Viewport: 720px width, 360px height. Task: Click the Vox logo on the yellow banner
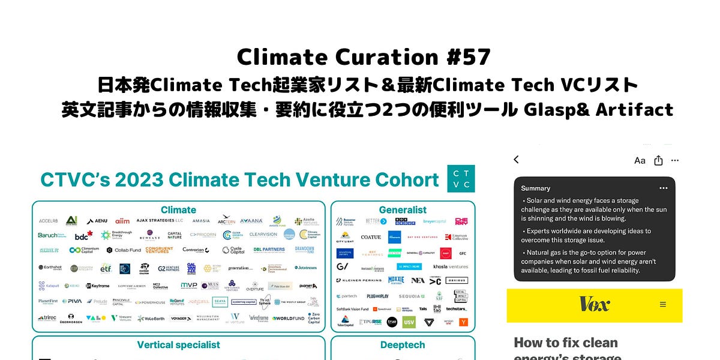point(594,304)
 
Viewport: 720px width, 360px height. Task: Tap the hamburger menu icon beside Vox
point(663,304)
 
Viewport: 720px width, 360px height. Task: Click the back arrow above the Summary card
point(516,160)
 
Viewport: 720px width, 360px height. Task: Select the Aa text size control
point(640,160)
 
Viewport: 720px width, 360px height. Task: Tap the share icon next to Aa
point(658,160)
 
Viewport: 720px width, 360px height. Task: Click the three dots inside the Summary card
point(663,188)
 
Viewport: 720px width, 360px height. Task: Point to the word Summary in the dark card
point(536,188)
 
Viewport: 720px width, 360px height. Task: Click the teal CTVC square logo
point(461,179)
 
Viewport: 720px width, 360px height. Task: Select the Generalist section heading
point(403,210)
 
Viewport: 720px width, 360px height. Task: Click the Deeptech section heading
point(403,345)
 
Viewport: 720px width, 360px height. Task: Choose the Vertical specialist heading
point(178,345)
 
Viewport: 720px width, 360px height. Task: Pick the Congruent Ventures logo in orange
point(159,250)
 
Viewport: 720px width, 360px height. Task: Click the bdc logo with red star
point(83,235)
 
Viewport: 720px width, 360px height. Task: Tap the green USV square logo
point(409,322)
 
